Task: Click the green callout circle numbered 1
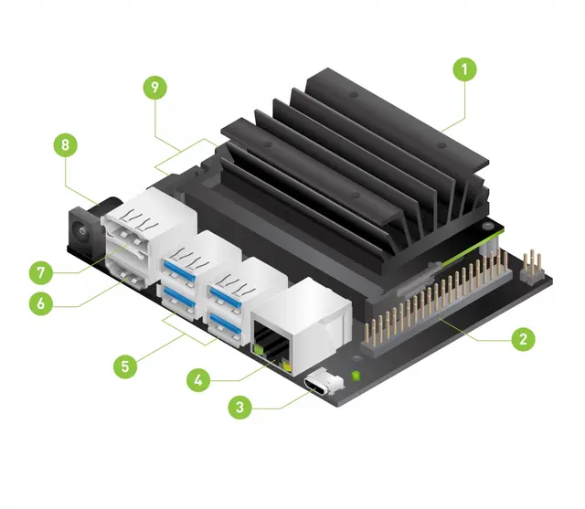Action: pos(463,69)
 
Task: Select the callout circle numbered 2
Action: pos(522,339)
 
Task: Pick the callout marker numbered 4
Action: pos(199,377)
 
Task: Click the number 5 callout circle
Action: pos(126,366)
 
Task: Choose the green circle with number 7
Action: pos(41,272)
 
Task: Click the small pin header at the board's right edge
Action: pos(533,264)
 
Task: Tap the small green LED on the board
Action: pos(356,375)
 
